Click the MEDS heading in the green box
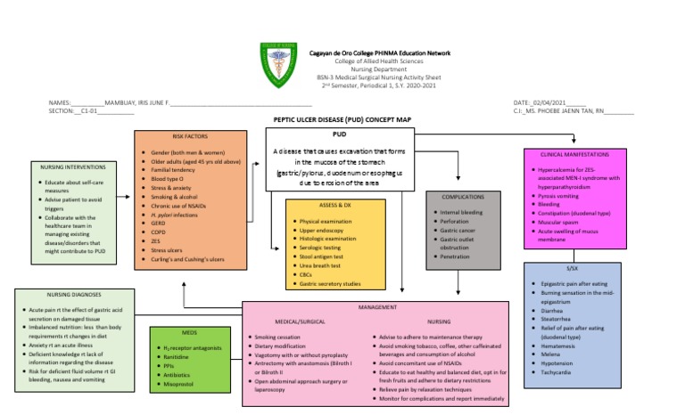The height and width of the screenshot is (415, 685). [189, 333]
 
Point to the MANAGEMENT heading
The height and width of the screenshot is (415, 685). [377, 306]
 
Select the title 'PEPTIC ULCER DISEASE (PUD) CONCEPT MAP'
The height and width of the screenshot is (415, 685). [342, 119]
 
